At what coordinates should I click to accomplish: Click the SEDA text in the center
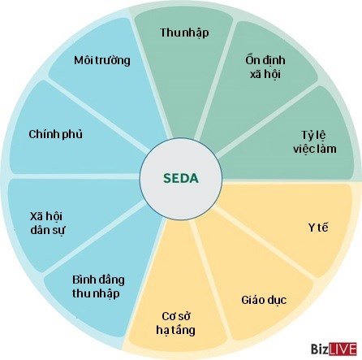(181, 178)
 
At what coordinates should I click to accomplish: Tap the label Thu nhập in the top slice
(184, 33)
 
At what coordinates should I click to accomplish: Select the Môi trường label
(102, 60)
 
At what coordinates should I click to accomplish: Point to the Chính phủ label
(55, 134)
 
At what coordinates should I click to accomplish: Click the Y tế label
(318, 227)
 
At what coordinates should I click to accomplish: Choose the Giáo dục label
(264, 300)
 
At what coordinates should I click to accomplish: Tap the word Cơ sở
(176, 316)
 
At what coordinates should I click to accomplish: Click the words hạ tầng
(175, 331)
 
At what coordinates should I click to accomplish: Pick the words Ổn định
(265, 60)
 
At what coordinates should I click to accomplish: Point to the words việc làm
(315, 149)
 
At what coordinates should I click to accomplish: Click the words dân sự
(48, 230)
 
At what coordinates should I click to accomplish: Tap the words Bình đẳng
(98, 280)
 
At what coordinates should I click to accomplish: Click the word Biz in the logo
(319, 349)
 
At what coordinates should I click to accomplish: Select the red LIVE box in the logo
(343, 349)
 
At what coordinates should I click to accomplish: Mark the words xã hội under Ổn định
(265, 74)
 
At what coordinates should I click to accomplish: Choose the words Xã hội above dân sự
(46, 216)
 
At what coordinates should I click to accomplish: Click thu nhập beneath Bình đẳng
(96, 293)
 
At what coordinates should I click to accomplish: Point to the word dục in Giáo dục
(276, 300)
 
